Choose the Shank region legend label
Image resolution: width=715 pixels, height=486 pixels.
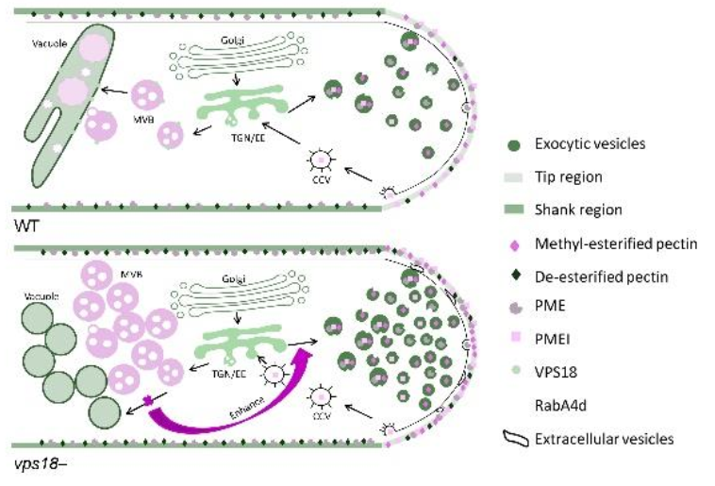click(x=577, y=209)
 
